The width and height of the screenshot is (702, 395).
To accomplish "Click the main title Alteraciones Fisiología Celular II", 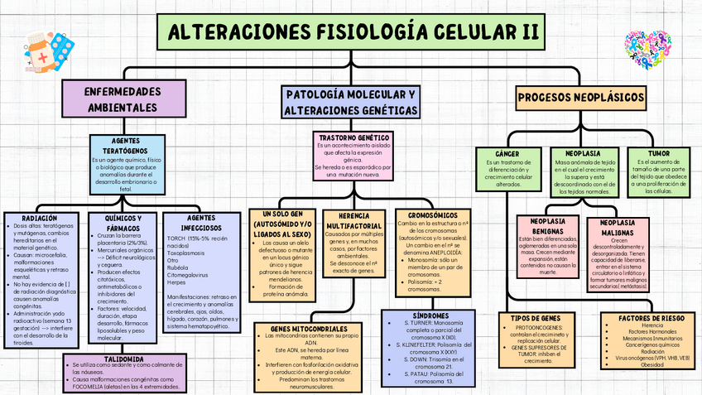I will [x=351, y=32].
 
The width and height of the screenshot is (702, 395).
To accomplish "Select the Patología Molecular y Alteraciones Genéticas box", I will [x=350, y=101].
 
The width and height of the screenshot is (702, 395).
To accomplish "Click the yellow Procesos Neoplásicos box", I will [x=582, y=97].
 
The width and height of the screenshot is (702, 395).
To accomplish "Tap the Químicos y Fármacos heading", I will [x=120, y=223].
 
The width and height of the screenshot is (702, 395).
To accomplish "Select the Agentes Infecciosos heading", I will [x=199, y=223].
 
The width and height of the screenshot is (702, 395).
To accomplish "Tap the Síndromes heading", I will [x=431, y=316].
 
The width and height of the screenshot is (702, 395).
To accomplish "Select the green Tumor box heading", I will [x=659, y=153].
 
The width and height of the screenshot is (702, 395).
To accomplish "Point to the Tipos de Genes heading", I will [x=530, y=318].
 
